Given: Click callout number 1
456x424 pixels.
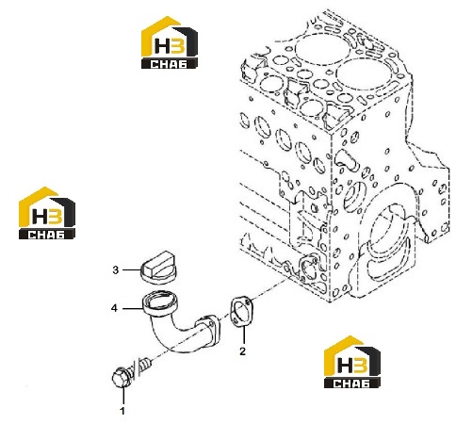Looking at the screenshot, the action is point(122,411).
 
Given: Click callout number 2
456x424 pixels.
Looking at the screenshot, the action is point(242,351).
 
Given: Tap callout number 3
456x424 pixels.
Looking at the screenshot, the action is point(116,269).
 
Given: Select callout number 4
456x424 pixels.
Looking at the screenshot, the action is point(114,308).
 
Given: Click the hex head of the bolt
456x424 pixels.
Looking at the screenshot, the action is point(122,377).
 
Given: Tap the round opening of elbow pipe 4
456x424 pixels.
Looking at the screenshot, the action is point(160,302).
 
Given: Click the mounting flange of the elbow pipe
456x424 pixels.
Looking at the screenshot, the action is point(208,332).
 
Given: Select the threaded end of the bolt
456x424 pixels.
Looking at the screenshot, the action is point(146,364).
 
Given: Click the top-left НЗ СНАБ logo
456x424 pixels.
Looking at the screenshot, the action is point(170,42).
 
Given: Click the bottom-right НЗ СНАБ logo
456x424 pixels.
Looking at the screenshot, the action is point(352,362).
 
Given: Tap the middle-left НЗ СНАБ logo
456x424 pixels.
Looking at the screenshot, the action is point(47,213).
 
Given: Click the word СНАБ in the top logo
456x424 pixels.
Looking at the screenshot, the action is point(169,64).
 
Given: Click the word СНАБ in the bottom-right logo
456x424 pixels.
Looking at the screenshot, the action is point(351,383).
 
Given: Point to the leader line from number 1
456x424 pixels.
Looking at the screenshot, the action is point(123,396).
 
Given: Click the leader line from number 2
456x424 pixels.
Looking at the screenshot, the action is point(243,335).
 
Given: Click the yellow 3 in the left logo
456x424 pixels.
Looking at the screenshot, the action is point(56,216).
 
